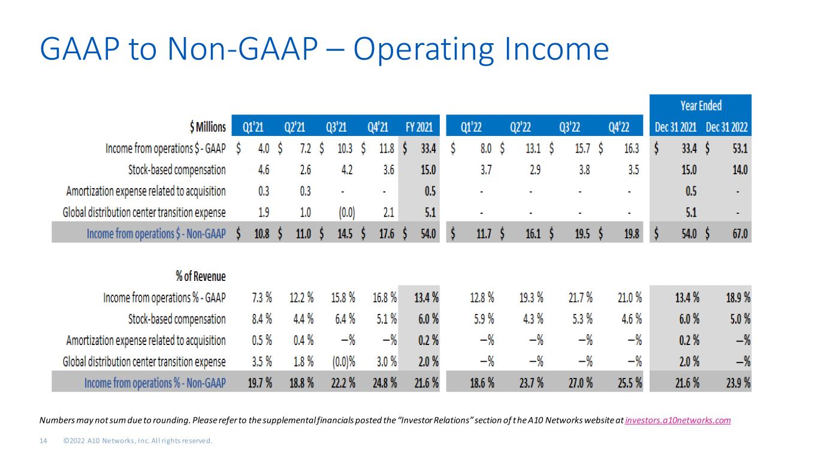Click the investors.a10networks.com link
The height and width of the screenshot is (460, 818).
coord(678,420)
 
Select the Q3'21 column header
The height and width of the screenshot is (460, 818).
coord(336,127)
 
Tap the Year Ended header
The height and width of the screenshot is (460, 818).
coord(701,105)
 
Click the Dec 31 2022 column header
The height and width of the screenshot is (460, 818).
coord(726,127)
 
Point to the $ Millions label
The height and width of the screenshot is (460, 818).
coord(208,127)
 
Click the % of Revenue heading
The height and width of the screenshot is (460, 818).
coord(201,276)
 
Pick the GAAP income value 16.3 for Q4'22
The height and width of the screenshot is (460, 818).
coord(632,149)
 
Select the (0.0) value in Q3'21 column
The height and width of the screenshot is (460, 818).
coord(346,213)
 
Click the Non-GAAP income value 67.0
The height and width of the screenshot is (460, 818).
coord(740,234)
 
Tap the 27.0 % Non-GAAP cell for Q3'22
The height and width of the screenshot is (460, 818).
coord(580,383)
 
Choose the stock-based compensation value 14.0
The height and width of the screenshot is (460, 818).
coord(740,170)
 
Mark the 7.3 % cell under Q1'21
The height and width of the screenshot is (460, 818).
coord(262,298)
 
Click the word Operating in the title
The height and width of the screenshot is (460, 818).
coord(424,50)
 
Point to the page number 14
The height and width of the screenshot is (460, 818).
coord(43,441)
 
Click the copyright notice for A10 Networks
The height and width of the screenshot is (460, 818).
coord(138,441)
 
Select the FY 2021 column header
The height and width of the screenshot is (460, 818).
coord(419,127)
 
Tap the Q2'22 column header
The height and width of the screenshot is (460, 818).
coord(520,127)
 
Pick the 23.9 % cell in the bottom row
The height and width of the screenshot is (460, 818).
coord(738,383)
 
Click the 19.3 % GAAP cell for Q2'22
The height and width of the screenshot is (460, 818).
coord(532,298)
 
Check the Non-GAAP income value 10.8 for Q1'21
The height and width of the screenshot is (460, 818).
coord(262,234)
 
